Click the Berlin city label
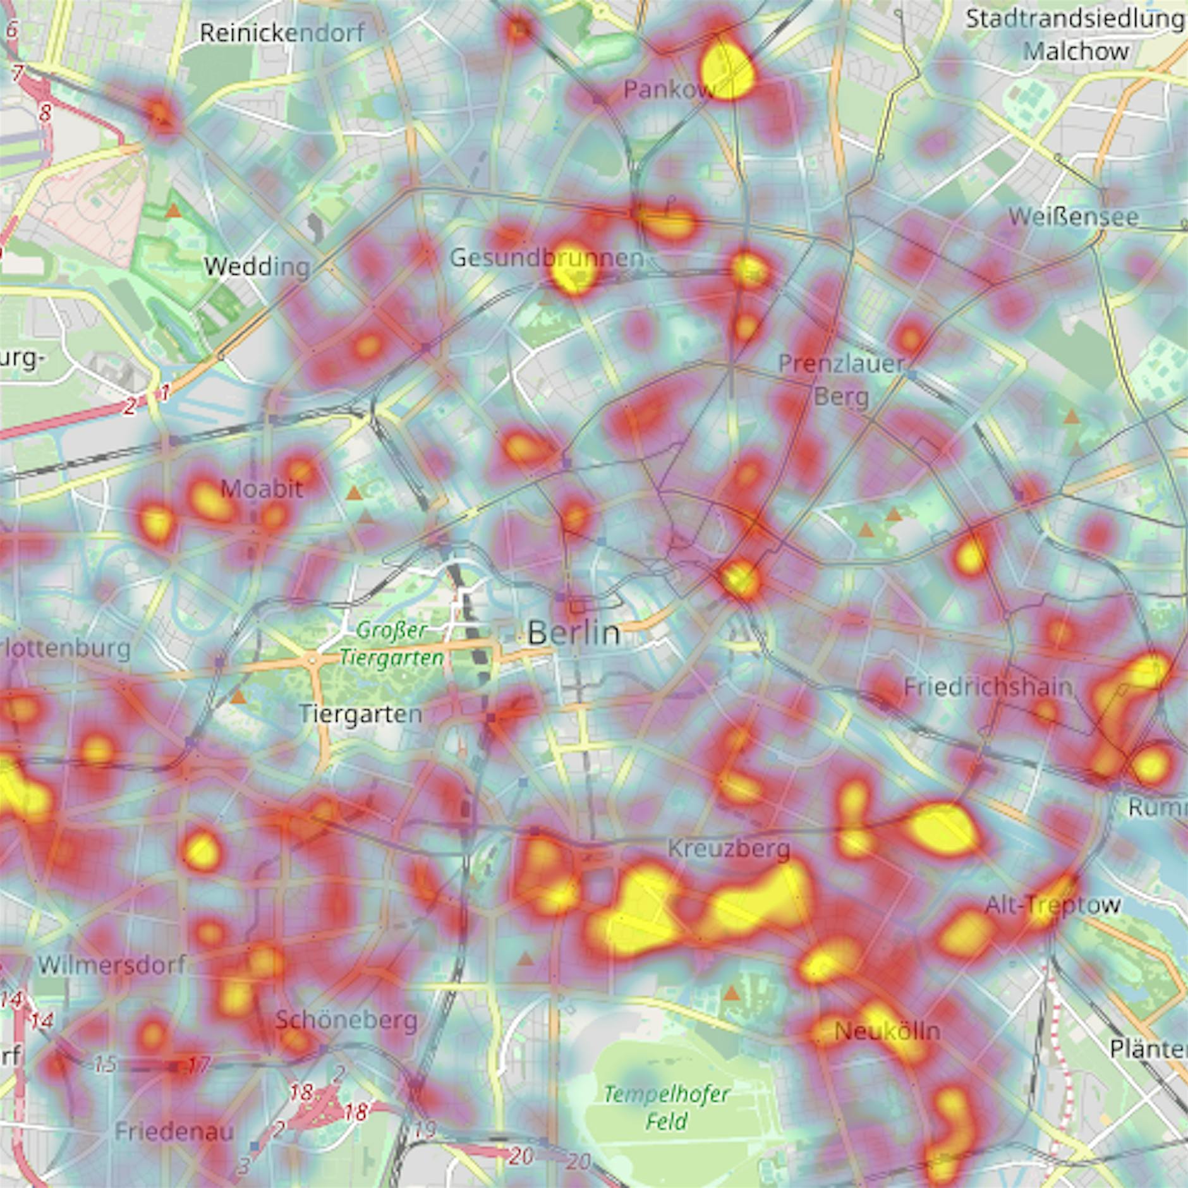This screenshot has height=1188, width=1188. [573, 633]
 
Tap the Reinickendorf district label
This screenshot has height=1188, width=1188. [282, 33]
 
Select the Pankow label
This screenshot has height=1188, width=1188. [668, 90]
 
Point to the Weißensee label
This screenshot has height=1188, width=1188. [1073, 217]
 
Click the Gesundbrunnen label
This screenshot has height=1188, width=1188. [547, 258]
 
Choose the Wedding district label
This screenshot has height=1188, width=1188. [257, 267]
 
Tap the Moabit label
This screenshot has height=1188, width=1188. [262, 488]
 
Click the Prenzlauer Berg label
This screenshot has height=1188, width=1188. [841, 380]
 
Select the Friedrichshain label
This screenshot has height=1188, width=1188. [988, 687]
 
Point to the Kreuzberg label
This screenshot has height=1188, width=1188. [729, 849]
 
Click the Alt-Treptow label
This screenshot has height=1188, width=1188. [1053, 905]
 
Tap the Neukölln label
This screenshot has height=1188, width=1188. [887, 1031]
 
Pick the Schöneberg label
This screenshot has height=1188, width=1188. [346, 1020]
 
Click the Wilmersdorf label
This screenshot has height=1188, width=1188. [112, 965]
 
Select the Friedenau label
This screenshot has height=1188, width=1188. [174, 1132]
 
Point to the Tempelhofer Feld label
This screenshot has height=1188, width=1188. [667, 1107]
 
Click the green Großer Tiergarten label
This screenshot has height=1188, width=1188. [392, 644]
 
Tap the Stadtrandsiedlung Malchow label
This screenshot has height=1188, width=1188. [1076, 35]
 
